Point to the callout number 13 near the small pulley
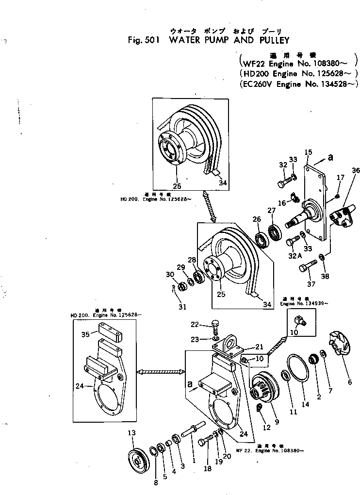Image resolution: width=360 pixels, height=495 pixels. coord(131,432)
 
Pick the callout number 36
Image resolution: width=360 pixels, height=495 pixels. coord(356,170)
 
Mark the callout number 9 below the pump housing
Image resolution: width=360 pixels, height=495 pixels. coord(277,422)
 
